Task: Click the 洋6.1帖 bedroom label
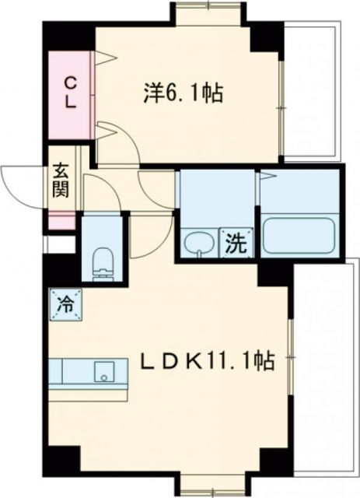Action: pos(183,94)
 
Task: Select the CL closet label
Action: pos(69,92)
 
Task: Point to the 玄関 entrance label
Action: pos(61,180)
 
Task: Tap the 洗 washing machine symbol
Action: pos(236,244)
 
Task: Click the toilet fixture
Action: pos(102,261)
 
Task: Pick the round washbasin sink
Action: pos(199,243)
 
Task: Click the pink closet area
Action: pos(69,117)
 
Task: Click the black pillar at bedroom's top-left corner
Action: pos(66,33)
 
